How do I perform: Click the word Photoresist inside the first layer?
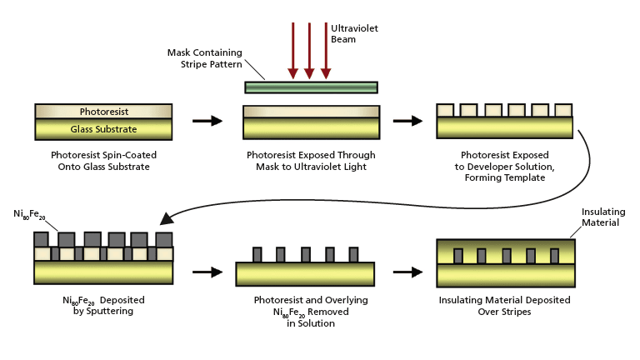[x=103, y=112]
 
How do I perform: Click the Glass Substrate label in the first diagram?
[x=103, y=129]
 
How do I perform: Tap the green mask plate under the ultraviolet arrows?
[x=311, y=87]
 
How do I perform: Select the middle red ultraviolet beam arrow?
[x=309, y=50]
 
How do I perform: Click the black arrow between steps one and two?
[x=207, y=121]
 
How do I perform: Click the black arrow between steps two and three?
[x=407, y=121]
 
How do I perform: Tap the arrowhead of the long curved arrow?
[x=167, y=218]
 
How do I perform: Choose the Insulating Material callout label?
[x=602, y=217]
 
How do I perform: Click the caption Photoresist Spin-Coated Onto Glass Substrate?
[x=103, y=162]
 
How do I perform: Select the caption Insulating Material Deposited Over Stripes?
[x=505, y=306]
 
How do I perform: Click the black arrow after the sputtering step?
[x=207, y=272]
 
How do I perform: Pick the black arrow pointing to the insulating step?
[x=407, y=272]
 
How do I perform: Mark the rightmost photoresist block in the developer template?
[x=563, y=110]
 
